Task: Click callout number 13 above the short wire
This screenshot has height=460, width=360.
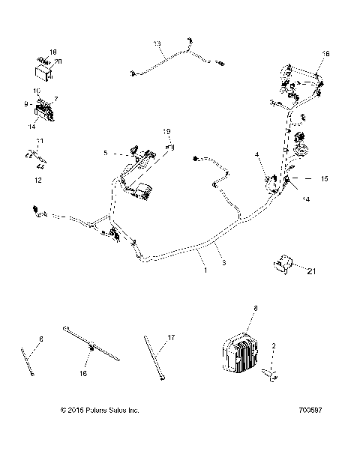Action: click(x=157, y=43)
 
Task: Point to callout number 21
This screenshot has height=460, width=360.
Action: click(x=310, y=273)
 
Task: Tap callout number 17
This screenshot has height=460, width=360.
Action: click(x=171, y=339)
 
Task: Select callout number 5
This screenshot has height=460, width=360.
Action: click(x=106, y=153)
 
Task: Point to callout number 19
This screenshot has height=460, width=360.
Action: click(x=168, y=132)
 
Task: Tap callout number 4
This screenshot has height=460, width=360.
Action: click(x=258, y=154)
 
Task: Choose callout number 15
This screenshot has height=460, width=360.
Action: click(x=325, y=179)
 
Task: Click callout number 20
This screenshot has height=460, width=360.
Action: click(x=58, y=61)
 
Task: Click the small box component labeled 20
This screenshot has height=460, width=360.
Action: click(x=42, y=71)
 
